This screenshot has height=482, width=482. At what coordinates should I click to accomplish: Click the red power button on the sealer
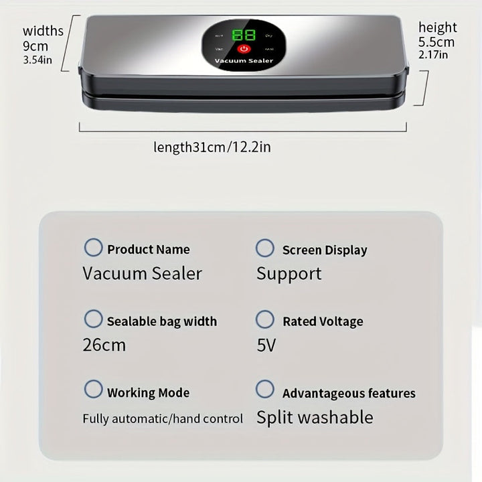click(244, 49)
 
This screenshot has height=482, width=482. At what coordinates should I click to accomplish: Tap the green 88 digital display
click(243, 35)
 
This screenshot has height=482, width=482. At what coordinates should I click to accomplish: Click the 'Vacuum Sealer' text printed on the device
click(244, 62)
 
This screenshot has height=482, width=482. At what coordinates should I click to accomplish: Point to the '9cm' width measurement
click(35, 47)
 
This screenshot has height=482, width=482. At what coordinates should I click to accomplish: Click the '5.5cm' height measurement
click(436, 42)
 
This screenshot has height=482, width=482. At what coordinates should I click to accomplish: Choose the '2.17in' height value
click(433, 56)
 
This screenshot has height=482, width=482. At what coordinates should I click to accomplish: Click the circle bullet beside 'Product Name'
click(93, 248)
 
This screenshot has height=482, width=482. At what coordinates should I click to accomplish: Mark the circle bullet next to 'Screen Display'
click(265, 248)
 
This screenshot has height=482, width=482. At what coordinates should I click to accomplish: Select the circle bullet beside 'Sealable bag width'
click(93, 319)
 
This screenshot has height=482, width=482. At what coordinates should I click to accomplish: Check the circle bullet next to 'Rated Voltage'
click(265, 319)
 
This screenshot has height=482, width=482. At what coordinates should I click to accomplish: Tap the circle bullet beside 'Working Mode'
click(93, 390)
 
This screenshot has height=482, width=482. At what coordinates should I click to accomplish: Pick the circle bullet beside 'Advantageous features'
click(265, 390)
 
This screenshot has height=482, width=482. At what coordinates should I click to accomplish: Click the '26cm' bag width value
click(104, 345)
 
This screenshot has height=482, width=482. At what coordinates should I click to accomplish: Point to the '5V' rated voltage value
click(266, 345)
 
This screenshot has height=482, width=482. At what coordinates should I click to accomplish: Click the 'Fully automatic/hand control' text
click(163, 419)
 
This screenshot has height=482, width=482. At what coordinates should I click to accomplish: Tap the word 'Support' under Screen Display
click(289, 274)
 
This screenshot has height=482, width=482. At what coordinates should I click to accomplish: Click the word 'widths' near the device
click(43, 31)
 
